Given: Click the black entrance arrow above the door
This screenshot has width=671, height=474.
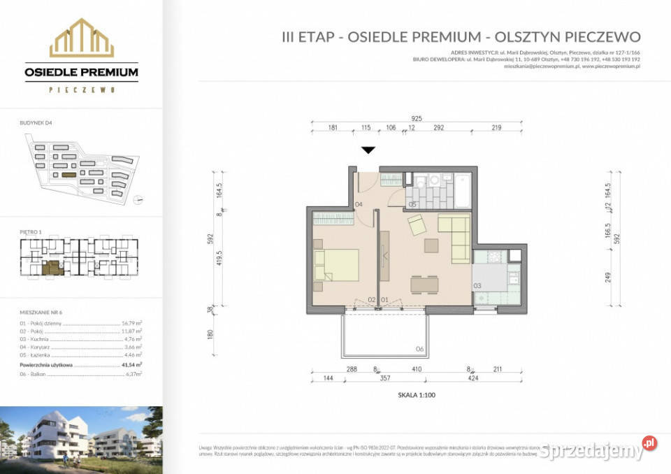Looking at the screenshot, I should [368, 150].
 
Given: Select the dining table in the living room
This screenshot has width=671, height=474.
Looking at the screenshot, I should [425, 284].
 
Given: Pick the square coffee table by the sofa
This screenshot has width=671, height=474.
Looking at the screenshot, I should [431, 245].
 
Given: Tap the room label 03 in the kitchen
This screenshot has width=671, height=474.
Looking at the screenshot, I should [477, 286].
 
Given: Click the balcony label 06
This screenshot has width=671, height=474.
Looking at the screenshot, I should [419, 348].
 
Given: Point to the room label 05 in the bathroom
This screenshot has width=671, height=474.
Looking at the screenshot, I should [412, 204].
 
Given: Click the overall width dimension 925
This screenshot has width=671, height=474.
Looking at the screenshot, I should [417, 120].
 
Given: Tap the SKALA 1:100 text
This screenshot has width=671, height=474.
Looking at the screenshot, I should [416, 394].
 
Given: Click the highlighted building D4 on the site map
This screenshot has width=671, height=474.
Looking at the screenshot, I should [68, 175].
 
